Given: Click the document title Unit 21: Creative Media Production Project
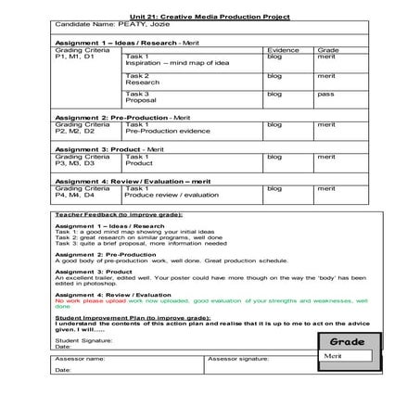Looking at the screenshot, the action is point(210,17).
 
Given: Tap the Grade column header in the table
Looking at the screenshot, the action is point(327,49).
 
